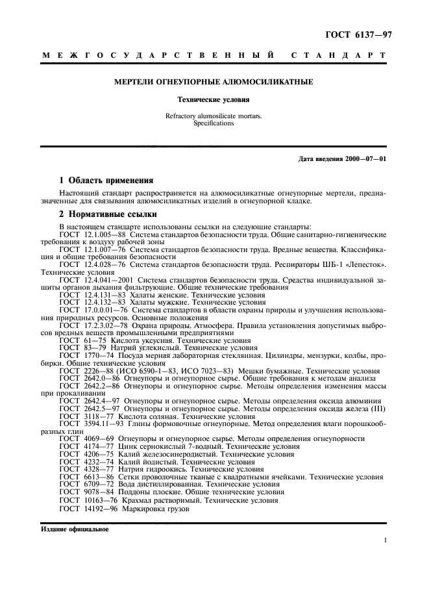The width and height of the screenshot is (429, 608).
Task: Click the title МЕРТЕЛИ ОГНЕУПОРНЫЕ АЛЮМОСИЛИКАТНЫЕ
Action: [x=214, y=82]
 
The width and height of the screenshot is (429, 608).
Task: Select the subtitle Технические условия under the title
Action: [x=214, y=101]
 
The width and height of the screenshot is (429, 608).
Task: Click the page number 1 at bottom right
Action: [x=386, y=540]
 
